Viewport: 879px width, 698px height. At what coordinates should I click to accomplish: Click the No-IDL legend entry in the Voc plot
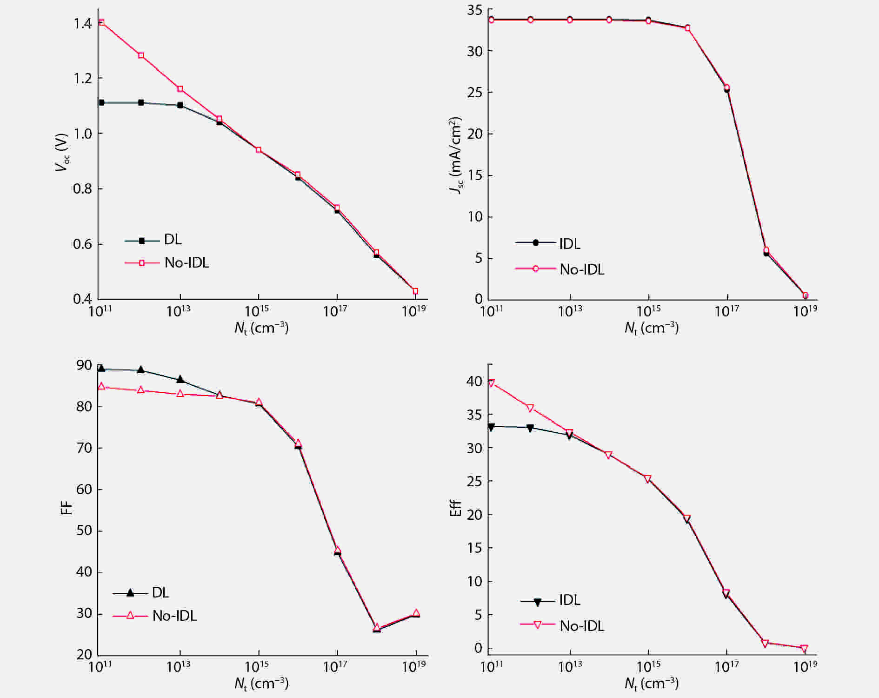186,263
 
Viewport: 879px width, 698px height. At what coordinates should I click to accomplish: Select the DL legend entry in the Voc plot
173,240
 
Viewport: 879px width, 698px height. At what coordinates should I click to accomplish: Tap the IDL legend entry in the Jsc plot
570,243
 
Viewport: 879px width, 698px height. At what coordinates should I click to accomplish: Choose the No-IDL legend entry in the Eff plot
582,626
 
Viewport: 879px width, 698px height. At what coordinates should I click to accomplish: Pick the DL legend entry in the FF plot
160,592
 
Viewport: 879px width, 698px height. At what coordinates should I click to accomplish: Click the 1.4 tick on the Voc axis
82,23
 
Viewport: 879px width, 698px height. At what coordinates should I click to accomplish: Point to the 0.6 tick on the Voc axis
82,244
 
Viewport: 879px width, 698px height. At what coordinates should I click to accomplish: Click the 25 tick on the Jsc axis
475,92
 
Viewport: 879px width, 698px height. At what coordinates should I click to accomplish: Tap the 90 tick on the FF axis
84,365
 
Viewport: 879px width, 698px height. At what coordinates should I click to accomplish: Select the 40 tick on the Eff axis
475,382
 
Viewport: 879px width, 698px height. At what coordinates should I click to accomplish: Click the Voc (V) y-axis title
61,153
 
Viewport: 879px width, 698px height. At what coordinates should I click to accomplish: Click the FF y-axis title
67,507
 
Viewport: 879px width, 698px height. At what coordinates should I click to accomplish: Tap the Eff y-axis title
456,508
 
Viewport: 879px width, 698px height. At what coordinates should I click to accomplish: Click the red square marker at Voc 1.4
101,22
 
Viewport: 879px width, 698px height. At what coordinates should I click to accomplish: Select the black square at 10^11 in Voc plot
101,102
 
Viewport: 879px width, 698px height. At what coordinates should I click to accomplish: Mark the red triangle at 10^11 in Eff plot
491,383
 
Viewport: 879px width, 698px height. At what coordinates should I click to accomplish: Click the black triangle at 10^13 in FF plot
180,379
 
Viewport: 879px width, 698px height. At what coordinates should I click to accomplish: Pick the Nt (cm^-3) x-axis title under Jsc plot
651,329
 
